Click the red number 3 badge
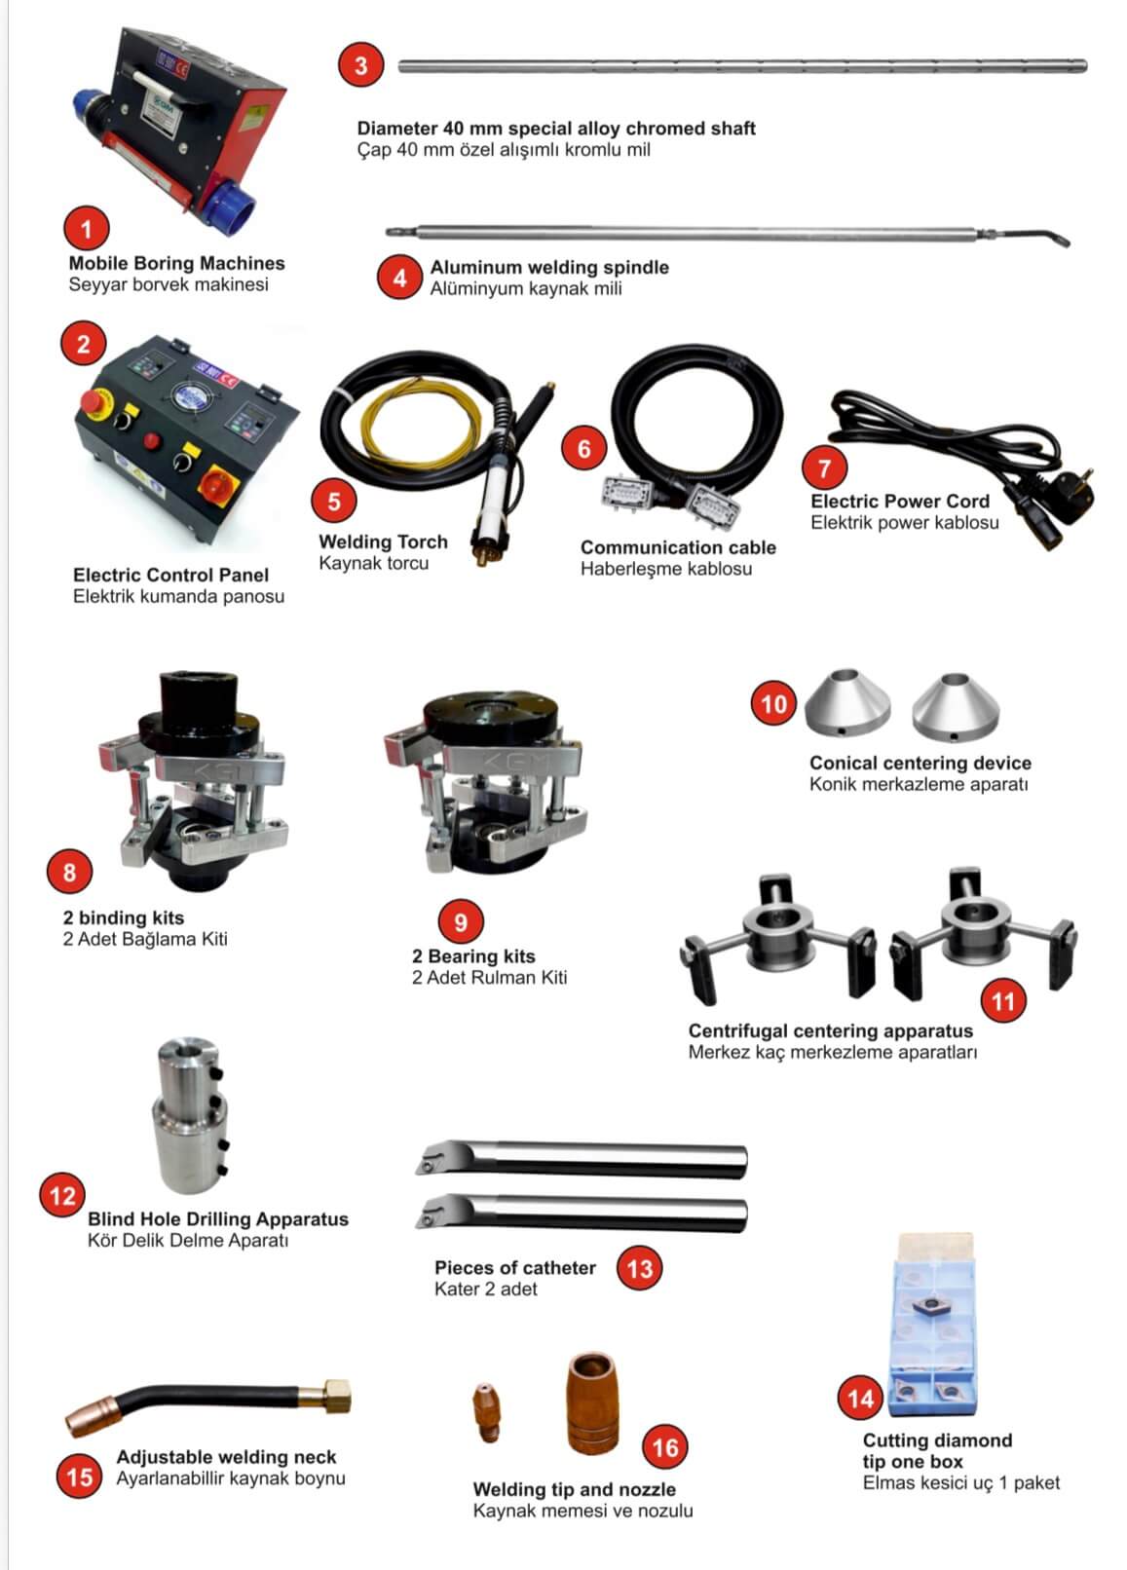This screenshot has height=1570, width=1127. [x=361, y=65]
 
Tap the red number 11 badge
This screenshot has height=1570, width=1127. [x=1003, y=1001]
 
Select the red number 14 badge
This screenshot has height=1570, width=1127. [x=861, y=1399]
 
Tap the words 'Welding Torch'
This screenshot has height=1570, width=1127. [x=384, y=542]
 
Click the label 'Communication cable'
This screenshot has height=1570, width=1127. [x=678, y=547]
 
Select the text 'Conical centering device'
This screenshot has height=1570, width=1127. [x=920, y=763]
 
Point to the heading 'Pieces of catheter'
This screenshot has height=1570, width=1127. [x=515, y=1267]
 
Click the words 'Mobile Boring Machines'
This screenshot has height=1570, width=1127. [x=176, y=264]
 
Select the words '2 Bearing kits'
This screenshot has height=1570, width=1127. [x=473, y=956]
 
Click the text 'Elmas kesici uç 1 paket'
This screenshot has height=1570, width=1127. [x=960, y=1482]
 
